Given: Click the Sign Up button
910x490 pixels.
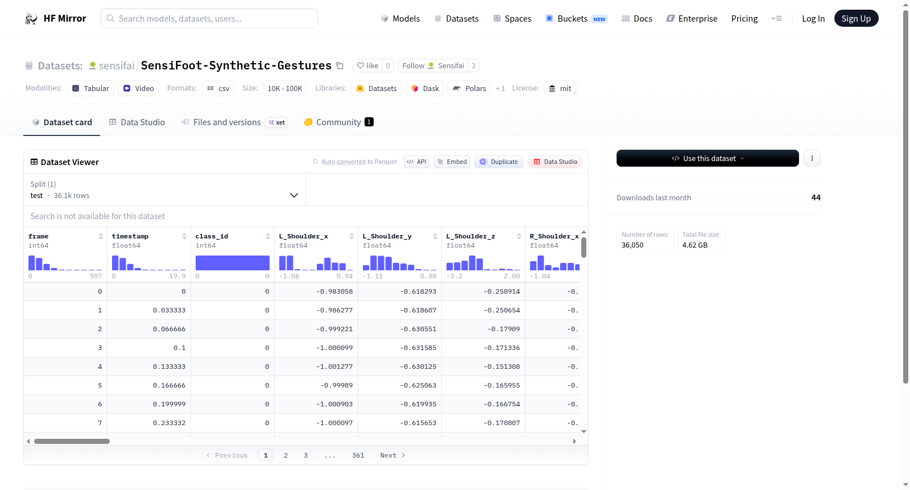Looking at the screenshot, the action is point(856,18).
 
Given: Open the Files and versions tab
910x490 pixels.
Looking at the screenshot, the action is point(227,122).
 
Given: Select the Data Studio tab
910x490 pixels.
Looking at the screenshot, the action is point(137,122).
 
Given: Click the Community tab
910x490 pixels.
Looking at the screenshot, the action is point(338,122).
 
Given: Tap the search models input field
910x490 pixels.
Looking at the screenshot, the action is point(209,18).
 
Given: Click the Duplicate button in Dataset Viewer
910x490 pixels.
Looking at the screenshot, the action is point(498,162).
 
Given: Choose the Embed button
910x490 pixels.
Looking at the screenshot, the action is point(452,162).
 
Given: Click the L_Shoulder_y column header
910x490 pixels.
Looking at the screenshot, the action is point(387,236).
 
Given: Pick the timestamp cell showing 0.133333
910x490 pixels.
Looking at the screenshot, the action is point(169,367).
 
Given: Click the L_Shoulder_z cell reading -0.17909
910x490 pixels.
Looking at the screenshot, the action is point(504,329).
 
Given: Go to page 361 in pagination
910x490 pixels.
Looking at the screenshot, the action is point(358,455).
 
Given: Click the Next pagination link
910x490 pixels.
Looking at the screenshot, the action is point(392,455).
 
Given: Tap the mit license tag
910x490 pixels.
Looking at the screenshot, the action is point(560,88).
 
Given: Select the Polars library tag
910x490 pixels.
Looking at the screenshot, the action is point(469,88).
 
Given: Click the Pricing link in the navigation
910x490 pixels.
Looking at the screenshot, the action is point(744,18).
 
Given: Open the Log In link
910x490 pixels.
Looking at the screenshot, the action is point(813,18).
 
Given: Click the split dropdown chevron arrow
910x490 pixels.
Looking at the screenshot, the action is point(293,195).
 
